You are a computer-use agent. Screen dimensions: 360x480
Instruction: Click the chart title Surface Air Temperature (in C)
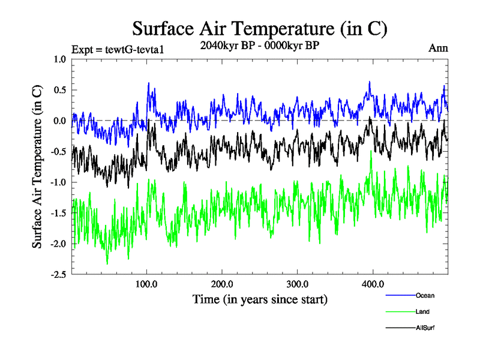[259, 28]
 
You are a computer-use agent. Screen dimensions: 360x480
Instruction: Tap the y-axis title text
[37, 167]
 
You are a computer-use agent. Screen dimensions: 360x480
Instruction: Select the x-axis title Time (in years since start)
[260, 298]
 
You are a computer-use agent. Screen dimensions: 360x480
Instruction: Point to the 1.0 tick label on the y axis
[59, 59]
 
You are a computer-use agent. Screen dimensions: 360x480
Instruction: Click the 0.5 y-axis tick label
[59, 90]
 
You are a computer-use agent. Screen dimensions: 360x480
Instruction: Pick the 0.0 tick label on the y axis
[59, 121]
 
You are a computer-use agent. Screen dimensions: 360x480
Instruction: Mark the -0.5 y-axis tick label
[58, 151]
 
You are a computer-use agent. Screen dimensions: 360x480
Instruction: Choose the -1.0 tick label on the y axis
[58, 182]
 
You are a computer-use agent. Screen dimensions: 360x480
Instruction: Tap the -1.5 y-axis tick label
[58, 213]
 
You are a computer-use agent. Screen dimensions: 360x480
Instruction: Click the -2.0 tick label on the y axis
[58, 244]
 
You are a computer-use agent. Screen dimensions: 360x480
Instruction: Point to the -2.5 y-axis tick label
[58, 274]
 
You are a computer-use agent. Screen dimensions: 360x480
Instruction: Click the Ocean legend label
[425, 295]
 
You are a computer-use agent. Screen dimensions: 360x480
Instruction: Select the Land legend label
[422, 311]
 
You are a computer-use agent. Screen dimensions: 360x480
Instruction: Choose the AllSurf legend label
[425, 328]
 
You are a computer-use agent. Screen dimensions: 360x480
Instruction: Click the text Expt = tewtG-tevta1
[117, 49]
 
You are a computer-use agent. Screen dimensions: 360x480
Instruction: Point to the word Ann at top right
[438, 48]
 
